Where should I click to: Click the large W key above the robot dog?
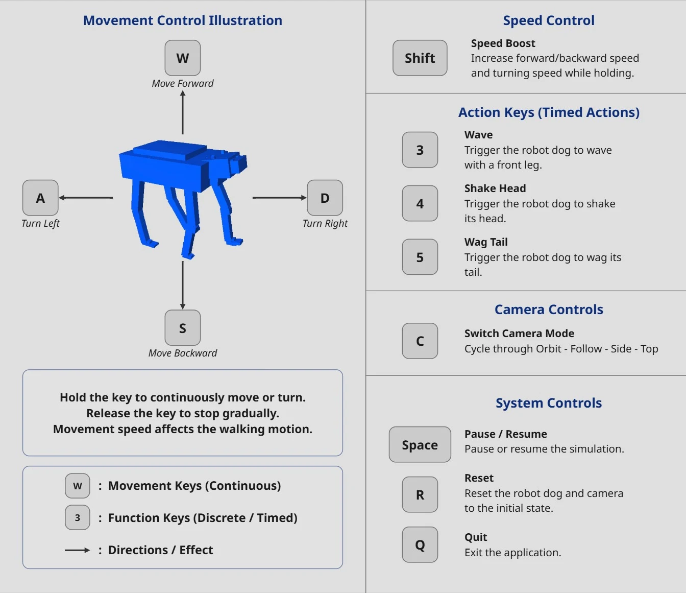(x=183, y=58)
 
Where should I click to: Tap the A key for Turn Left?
(x=40, y=198)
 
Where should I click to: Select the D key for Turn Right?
(x=325, y=198)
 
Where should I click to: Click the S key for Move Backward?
(x=183, y=328)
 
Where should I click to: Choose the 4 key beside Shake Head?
(x=420, y=203)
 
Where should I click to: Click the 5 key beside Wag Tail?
(x=420, y=257)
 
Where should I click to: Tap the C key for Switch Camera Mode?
(x=420, y=341)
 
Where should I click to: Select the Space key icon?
(x=420, y=444)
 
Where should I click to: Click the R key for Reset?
(x=420, y=495)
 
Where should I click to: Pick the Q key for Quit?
(x=420, y=544)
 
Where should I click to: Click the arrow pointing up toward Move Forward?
(x=183, y=112)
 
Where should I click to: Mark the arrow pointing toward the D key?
(x=279, y=198)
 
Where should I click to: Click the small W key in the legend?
(x=78, y=486)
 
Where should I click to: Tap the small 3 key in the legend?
(x=78, y=517)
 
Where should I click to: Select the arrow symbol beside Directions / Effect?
(x=78, y=550)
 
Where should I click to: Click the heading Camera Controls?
(x=549, y=310)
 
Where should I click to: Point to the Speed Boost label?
(x=503, y=43)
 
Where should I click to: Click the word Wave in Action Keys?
(x=478, y=135)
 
